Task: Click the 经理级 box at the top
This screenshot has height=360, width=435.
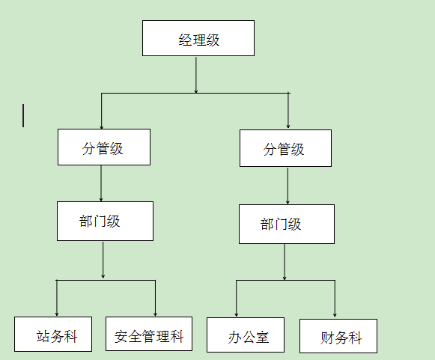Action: tap(198, 38)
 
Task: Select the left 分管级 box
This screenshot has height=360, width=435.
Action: tap(104, 147)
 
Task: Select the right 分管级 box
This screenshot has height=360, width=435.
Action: tap(285, 148)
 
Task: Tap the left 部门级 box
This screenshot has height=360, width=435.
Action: tap(105, 221)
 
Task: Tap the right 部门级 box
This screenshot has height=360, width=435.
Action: tap(287, 224)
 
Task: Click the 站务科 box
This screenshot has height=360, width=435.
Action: tap(53, 335)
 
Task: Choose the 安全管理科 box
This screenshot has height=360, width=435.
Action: tap(149, 334)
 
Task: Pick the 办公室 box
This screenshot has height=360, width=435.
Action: tap(246, 335)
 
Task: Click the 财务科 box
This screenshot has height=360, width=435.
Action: tap(338, 336)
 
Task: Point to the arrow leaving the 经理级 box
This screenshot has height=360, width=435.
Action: tap(196, 75)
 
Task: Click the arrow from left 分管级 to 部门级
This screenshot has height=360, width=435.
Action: tap(101, 183)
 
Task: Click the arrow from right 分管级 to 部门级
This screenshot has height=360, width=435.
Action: tap(288, 186)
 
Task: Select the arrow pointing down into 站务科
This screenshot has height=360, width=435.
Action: tap(57, 298)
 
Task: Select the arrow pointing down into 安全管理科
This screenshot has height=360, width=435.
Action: tap(156, 298)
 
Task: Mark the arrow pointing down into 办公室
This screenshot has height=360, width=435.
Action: tap(237, 299)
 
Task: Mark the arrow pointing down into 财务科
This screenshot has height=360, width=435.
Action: tap(335, 299)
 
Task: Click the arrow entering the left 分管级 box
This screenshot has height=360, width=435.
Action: tap(102, 111)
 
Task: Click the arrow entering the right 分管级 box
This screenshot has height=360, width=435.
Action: tap(288, 110)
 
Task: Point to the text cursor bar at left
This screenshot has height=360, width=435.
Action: tap(23, 116)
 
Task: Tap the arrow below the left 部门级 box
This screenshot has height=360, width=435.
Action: tap(103, 260)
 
